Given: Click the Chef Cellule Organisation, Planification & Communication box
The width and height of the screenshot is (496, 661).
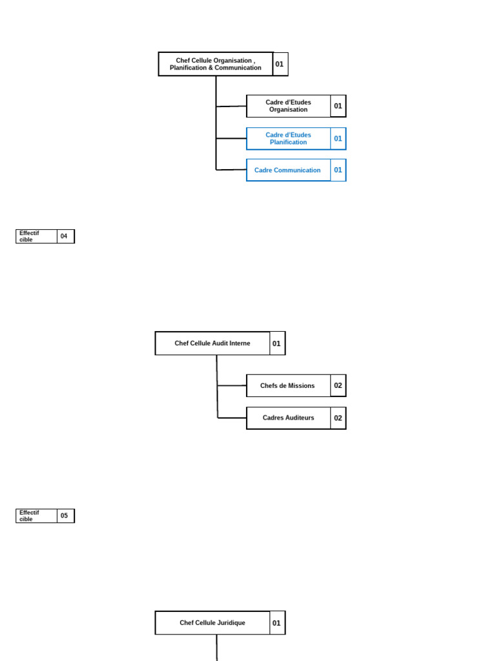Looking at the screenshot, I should [216, 64].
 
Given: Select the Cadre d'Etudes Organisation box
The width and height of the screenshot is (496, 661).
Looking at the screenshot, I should [288, 106].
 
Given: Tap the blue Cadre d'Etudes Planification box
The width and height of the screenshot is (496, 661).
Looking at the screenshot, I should [288, 138].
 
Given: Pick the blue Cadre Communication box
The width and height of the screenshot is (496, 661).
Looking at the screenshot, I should [288, 170].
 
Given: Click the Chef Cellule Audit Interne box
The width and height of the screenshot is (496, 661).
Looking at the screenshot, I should [212, 343].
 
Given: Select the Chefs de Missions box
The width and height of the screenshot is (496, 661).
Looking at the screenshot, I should [288, 385].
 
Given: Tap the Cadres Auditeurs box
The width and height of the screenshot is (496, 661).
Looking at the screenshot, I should [288, 418].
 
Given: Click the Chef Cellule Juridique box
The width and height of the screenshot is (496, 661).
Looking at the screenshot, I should [212, 623].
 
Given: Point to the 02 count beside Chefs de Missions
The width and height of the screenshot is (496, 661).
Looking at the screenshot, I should [338, 385].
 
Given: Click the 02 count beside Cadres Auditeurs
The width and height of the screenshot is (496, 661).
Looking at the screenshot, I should [338, 418].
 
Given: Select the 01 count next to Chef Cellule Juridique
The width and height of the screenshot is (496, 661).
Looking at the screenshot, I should [276, 623].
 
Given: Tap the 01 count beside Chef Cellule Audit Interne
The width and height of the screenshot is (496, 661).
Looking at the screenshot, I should [276, 343].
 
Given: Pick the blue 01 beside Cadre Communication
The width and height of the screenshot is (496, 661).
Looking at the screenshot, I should [338, 170].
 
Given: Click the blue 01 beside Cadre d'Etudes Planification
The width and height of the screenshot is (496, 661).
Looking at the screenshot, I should [338, 138].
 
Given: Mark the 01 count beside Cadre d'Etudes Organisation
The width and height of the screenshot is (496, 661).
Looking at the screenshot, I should [338, 106].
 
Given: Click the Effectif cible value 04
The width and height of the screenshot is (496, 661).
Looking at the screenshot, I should [65, 236].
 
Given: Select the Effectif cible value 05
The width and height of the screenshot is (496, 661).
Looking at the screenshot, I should [65, 516].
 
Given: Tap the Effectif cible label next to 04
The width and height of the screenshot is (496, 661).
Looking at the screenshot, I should [36, 236].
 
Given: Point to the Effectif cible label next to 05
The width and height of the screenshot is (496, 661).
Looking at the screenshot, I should [36, 516].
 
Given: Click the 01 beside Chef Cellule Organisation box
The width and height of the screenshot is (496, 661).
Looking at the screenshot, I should [280, 64].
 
